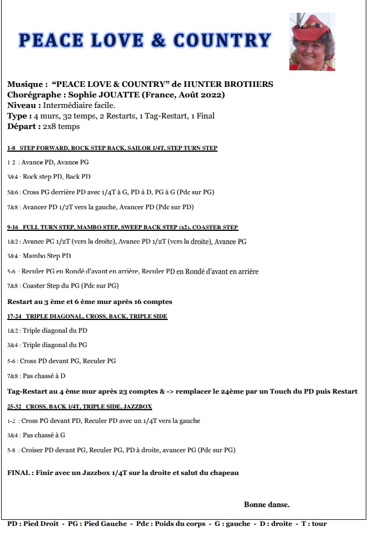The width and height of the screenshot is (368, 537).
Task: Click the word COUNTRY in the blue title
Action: point(222,40)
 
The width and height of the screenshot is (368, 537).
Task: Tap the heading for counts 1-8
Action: point(112,148)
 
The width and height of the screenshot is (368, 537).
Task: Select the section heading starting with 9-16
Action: point(123,228)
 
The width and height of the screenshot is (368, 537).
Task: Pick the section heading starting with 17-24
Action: point(87,317)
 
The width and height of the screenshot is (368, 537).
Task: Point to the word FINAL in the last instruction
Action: point(20,473)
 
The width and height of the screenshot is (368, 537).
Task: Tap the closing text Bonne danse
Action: point(266,504)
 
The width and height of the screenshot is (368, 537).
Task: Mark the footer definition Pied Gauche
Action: point(106,523)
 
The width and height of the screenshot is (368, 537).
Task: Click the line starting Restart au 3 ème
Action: point(90,302)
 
